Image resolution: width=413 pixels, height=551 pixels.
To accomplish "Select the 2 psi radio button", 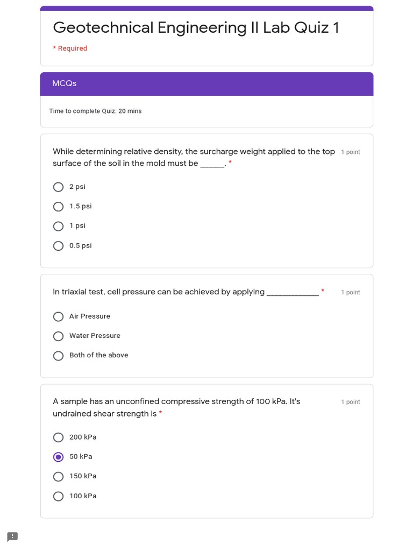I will pyautogui.click(x=59, y=187).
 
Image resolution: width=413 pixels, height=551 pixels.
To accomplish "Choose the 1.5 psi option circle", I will pyautogui.click(x=59, y=207).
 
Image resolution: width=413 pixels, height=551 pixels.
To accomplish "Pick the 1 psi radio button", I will pyautogui.click(x=59, y=226).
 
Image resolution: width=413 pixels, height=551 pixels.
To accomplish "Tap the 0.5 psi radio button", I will pyautogui.click(x=59, y=246).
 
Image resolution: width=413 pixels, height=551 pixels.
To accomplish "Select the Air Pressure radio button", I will pyautogui.click(x=59, y=316).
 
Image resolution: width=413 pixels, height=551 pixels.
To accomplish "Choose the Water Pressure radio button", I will pyautogui.click(x=59, y=336).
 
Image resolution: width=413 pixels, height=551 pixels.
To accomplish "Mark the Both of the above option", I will pyautogui.click(x=59, y=356).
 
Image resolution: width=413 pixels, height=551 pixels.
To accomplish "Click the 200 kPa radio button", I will pyautogui.click(x=59, y=437).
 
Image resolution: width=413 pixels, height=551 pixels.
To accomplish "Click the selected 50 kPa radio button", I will pyautogui.click(x=59, y=457).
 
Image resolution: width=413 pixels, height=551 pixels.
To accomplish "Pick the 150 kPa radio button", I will pyautogui.click(x=59, y=477).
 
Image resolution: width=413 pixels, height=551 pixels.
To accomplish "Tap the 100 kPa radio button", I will pyautogui.click(x=59, y=496).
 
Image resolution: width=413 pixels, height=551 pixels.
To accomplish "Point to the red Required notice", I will pyautogui.click(x=70, y=48).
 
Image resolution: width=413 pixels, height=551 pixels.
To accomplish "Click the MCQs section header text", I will pyautogui.click(x=65, y=83).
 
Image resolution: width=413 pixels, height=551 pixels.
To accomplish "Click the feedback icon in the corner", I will pyautogui.click(x=12, y=536).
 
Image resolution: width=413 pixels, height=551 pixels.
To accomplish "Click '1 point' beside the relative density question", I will pyautogui.click(x=351, y=152).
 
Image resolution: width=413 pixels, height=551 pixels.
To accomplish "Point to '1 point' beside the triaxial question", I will pyautogui.click(x=351, y=293).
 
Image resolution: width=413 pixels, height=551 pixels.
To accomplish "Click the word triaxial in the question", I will pyautogui.click(x=76, y=292).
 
